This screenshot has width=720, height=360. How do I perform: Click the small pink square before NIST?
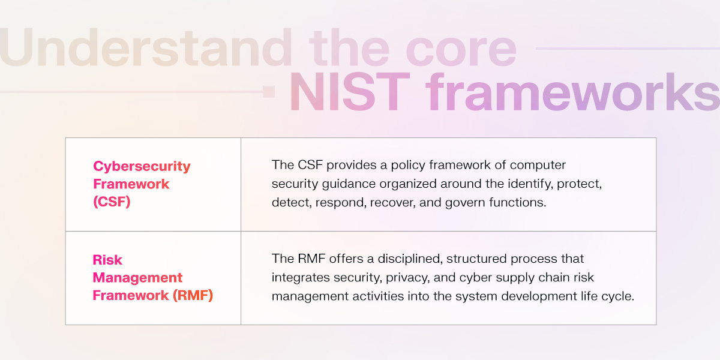[269, 92]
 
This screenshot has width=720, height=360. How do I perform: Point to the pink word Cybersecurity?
[142, 166]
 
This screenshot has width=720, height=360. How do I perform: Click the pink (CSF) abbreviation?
[112, 202]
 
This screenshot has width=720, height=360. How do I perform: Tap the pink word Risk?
[107, 260]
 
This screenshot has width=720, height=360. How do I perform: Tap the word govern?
[464, 202]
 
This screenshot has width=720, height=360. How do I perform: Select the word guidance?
[341, 184]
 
